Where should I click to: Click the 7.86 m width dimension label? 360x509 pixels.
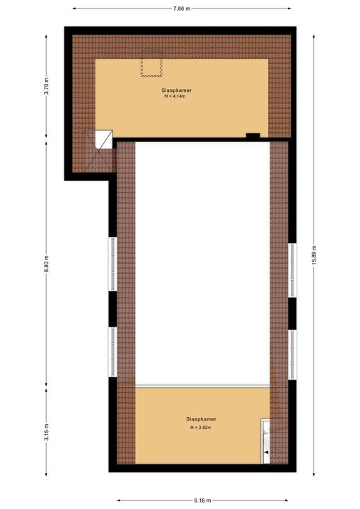coord(182,8)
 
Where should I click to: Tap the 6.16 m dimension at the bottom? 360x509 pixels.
coord(203,501)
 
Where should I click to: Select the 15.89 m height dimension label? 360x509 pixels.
coord(314,255)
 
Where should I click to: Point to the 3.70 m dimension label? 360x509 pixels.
coord(47,86)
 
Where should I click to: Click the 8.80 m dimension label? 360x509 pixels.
coord(47,264)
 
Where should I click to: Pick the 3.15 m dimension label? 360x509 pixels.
coord(47,433)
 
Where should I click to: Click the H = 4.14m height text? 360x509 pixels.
coord(175,96)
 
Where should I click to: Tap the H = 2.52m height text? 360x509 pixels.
coord(201,428)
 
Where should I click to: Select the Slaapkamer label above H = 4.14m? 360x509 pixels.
coord(176,90)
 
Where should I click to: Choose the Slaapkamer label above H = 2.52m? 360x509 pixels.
coord(201,419)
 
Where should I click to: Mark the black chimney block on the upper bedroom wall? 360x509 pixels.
coord(252,136)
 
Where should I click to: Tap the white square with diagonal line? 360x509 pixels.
coord(104,139)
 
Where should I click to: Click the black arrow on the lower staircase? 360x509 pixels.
coord(266,452)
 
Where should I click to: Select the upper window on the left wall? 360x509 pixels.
coord(112,264)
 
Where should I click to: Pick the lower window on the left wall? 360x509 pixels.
coord(112,352)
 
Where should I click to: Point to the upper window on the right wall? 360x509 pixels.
coord(292,270)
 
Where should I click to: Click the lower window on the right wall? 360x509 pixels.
coord(292,355)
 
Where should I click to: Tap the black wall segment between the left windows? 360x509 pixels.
coord(112,309)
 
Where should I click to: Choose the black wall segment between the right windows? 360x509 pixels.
coord(292,314)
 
